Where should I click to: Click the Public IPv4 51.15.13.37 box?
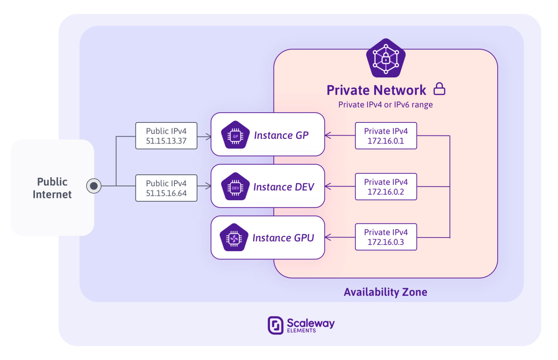166,136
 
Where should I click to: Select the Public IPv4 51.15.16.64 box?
166,188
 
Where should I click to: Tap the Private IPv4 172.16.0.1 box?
386,136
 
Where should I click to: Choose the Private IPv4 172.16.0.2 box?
386,187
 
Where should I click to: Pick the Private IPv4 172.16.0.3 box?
386,237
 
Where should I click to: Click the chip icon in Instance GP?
235,135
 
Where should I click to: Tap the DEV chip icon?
235,187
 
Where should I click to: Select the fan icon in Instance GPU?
234,238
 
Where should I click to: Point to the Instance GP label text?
281,135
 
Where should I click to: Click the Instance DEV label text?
284,187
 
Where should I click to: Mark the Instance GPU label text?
283,238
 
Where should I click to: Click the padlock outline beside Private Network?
440,89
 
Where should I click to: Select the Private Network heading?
376,90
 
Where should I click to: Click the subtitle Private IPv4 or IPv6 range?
385,105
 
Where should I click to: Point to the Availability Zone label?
385,292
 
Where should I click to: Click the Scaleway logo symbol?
275,325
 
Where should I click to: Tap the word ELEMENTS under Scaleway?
301,331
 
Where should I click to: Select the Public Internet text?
52,188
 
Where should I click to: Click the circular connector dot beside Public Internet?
94,186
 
